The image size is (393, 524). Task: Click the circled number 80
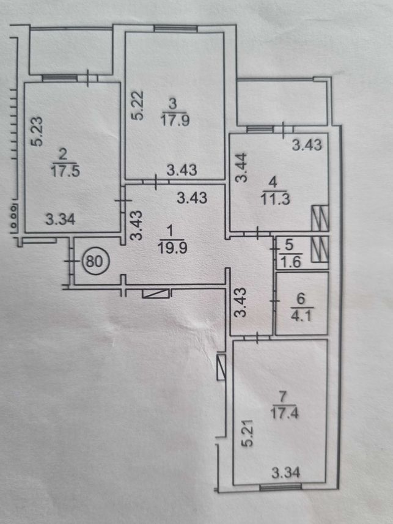94,261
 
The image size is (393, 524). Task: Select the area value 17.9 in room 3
175,120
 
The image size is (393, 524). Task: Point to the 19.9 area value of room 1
173,248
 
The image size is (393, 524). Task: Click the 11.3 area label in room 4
276,199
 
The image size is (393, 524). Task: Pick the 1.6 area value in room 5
290,262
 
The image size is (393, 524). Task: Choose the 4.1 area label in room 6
301,316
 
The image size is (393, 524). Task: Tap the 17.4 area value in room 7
284,413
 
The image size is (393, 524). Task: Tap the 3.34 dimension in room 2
61,220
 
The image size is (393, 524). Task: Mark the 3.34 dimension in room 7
285,473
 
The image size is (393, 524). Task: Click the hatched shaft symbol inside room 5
320,249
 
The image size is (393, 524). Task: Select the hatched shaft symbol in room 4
320,218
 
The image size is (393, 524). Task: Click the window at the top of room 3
176,29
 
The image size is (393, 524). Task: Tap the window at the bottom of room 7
281,488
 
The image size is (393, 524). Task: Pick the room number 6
301,299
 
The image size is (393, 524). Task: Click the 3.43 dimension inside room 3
182,170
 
